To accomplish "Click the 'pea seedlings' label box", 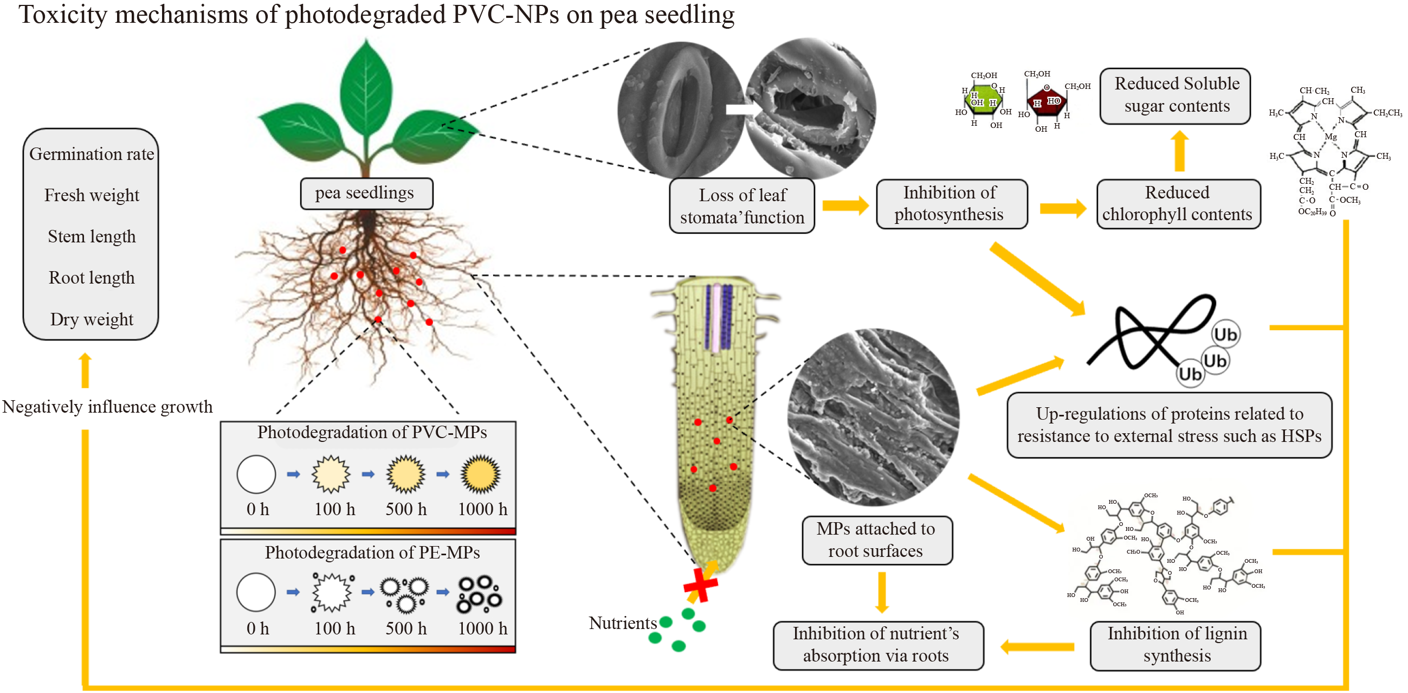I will (x=366, y=194).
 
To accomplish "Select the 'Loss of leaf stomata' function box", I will (x=742, y=206).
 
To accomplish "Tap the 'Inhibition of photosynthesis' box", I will (x=951, y=203).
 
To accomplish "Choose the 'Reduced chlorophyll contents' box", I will (x=1178, y=203).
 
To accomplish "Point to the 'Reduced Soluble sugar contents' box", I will (x=1175, y=95).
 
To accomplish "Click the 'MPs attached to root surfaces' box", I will (x=876, y=540).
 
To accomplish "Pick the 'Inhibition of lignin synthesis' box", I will (x=1175, y=645).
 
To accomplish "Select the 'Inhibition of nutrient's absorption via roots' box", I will (x=877, y=645).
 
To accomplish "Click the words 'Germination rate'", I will (x=91, y=154).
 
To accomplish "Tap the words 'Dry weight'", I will (x=91, y=319).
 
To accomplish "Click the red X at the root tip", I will (x=700, y=585).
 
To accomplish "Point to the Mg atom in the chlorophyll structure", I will (x=1331, y=137).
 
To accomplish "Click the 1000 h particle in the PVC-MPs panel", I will (x=480, y=474).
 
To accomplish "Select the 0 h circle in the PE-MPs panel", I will (x=256, y=592).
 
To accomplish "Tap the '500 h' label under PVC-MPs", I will (x=406, y=509).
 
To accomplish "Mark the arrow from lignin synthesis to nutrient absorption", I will (x=1037, y=647).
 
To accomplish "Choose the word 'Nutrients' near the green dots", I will (x=623, y=623).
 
